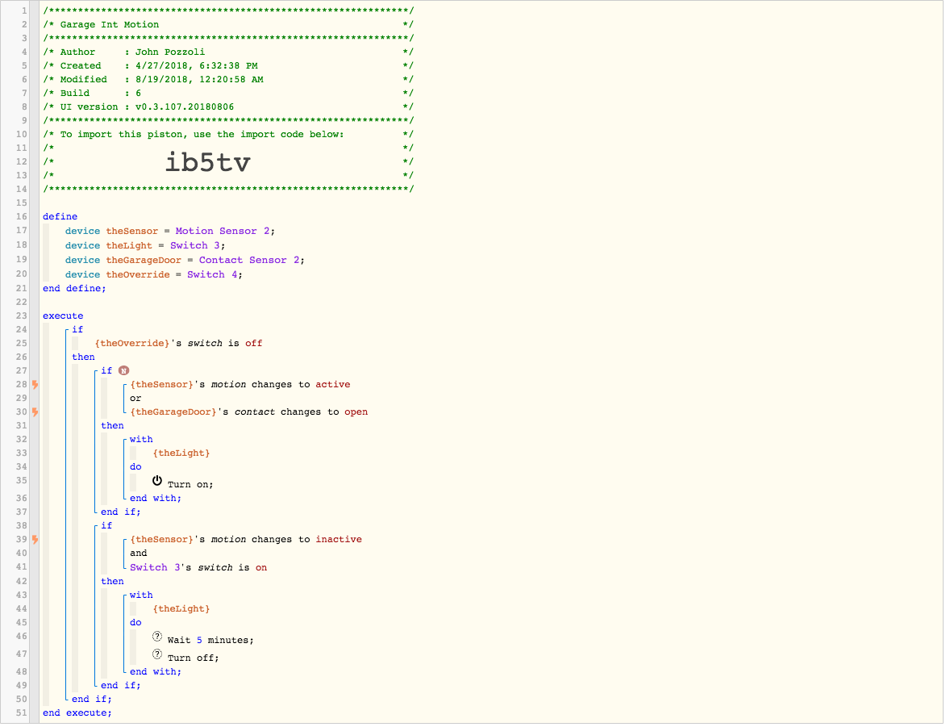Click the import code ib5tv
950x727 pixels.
(x=208, y=162)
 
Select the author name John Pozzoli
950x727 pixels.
(x=170, y=52)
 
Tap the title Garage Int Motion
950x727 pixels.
(x=110, y=25)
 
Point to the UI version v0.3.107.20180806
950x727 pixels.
(x=185, y=107)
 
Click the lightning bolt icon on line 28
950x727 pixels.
(x=35, y=384)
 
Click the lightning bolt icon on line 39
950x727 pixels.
(x=35, y=539)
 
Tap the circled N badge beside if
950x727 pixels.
(x=123, y=370)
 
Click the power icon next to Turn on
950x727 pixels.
(x=157, y=481)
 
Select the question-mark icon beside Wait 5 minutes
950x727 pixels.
(x=157, y=637)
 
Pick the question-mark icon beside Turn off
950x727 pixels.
(x=157, y=654)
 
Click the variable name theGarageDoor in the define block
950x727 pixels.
(x=144, y=260)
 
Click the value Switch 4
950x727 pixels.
(x=212, y=274)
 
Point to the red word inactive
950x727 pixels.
(x=339, y=539)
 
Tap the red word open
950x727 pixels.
(x=356, y=412)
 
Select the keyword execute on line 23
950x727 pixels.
(x=63, y=316)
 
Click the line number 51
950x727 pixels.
(x=22, y=713)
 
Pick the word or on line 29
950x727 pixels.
(x=135, y=399)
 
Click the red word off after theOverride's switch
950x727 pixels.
(x=254, y=343)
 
